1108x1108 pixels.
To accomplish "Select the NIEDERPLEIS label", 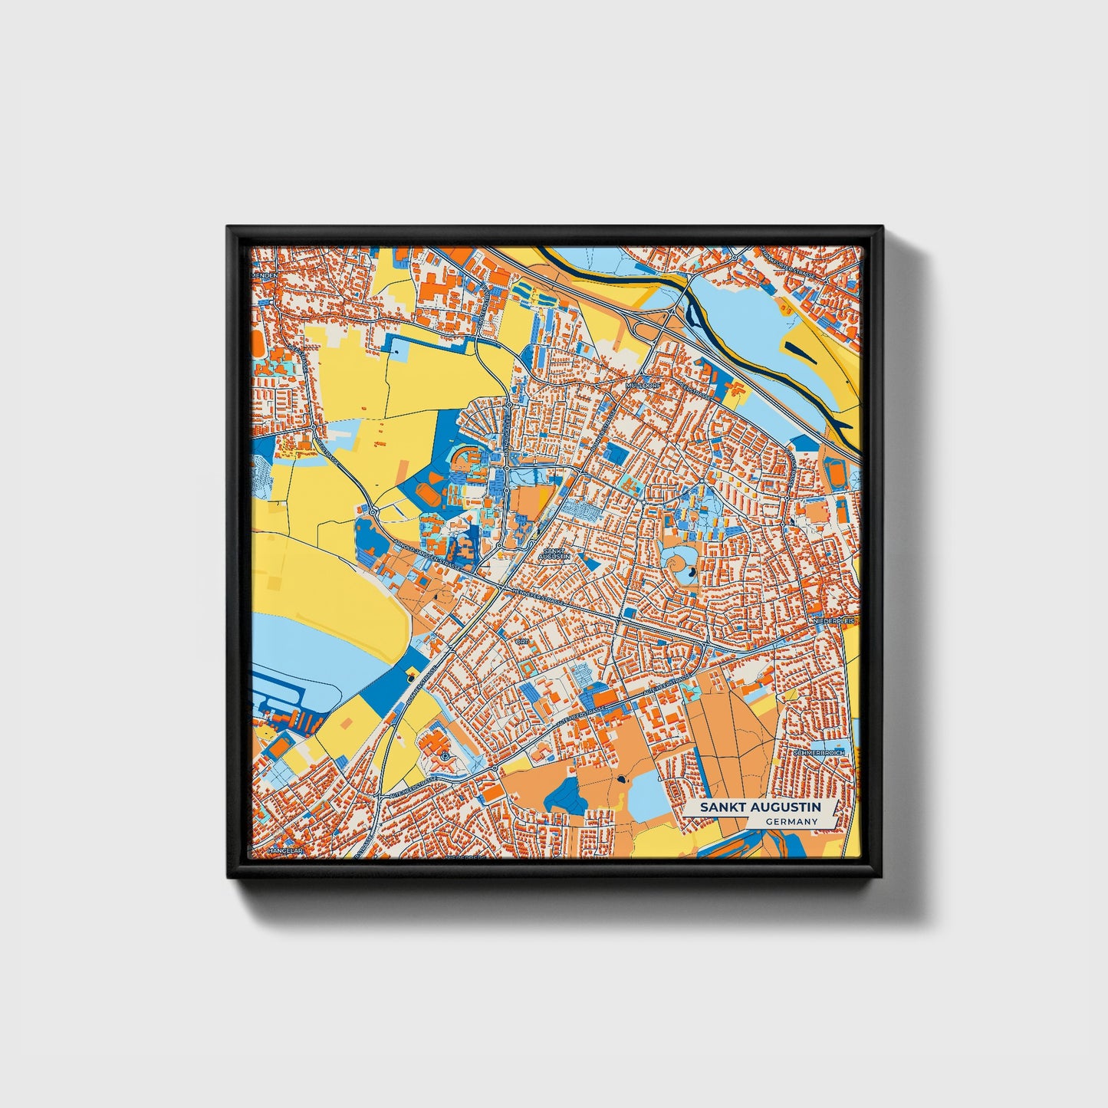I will [837, 619].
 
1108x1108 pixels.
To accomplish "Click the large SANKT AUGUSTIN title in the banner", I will [759, 807].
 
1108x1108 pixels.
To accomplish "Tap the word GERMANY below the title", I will [792, 822].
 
